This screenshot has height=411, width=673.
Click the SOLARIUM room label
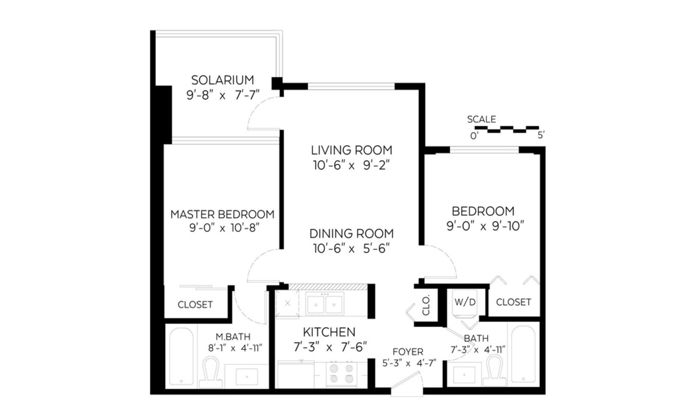(222, 80)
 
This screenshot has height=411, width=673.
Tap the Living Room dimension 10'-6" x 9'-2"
(351, 165)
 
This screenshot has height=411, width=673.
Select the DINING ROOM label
(351, 233)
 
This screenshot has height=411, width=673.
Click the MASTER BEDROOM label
(222, 214)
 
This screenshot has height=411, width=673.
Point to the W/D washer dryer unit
(465, 303)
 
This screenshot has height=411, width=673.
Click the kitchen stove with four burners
(339, 373)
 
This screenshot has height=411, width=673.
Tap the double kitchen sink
(325, 304)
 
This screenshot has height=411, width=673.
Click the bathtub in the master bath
(181, 356)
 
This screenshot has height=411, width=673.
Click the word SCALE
(481, 119)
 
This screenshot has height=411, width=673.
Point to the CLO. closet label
(426, 305)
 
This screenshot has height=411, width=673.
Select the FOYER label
(408, 352)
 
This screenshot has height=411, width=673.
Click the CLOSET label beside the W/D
(513, 302)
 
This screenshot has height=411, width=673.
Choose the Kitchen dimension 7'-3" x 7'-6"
(330, 347)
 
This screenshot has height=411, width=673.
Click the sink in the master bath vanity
(247, 377)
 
